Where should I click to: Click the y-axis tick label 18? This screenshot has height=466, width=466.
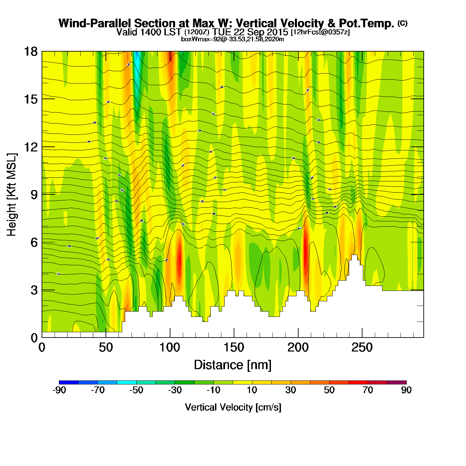(30, 52)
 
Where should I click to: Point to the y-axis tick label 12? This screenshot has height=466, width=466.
(30, 147)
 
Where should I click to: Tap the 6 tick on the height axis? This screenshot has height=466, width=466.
(34, 242)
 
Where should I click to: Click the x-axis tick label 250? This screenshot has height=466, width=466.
(362, 348)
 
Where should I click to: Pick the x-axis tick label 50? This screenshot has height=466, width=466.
(106, 348)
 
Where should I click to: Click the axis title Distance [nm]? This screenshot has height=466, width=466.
(233, 365)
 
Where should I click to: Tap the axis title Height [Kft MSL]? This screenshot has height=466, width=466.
(12, 195)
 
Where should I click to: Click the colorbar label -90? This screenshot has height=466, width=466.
(59, 390)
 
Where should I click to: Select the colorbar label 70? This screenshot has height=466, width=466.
(368, 390)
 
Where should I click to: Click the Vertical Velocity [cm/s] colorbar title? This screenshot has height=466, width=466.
(233, 407)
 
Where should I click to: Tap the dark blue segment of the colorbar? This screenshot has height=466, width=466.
(69, 382)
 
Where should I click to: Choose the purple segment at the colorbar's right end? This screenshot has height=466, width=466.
(397, 382)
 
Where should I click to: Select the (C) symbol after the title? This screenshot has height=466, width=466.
(402, 23)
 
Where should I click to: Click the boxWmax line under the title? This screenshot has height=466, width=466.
(233, 39)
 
